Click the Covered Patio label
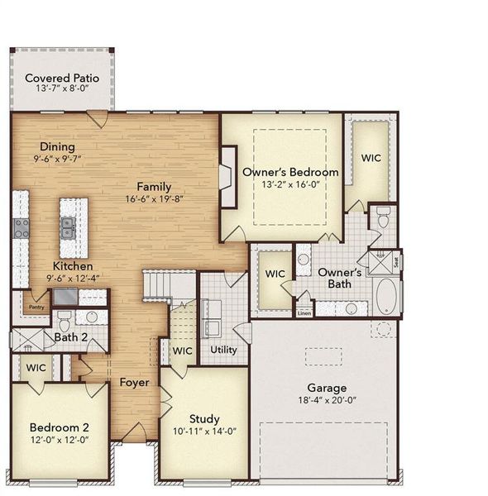tap(62, 79)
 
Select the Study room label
tap(203, 418)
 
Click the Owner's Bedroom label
tap(290, 172)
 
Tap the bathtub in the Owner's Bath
tap(386, 297)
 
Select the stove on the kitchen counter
tap(21, 228)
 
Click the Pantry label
tap(36, 307)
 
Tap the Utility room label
tap(223, 350)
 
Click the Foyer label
tap(134, 383)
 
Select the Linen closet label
tap(304, 312)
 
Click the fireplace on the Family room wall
tap(227, 175)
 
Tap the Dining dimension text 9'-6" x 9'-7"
tap(58, 158)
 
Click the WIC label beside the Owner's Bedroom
tap(371, 158)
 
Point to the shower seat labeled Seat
tap(396, 261)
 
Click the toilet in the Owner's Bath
tap(382, 217)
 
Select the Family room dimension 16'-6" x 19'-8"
tap(155, 199)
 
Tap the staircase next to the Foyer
tap(170, 286)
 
